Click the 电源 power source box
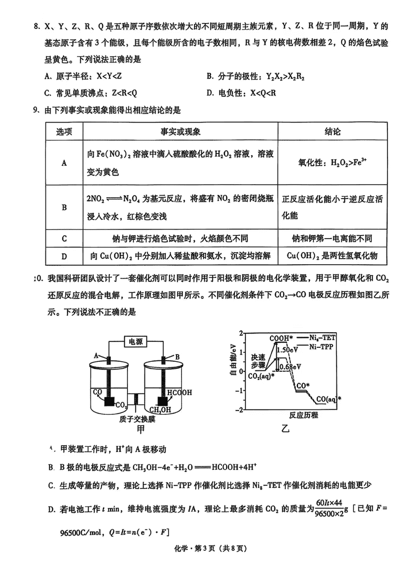(135, 342)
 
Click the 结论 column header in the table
(332, 131)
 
